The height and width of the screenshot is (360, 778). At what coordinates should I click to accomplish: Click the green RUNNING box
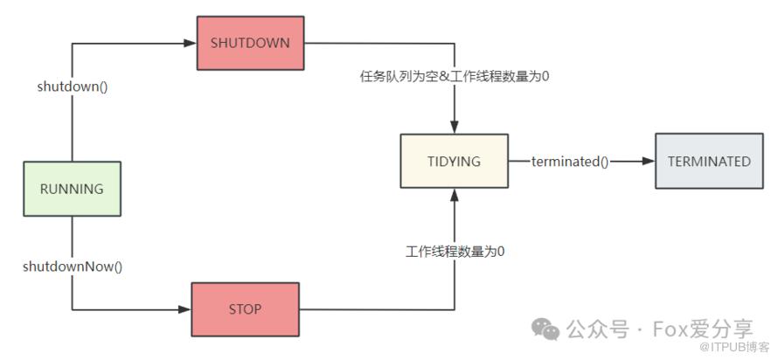[x=72, y=189]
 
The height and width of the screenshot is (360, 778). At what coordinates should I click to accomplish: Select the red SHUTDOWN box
[x=249, y=42]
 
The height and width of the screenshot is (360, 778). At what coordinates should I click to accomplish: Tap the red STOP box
[x=245, y=308]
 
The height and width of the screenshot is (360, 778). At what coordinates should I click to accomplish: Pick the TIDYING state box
[x=454, y=161]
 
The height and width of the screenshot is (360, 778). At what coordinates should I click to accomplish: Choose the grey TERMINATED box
[x=709, y=161]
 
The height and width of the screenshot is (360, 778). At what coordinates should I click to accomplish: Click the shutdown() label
[x=71, y=87]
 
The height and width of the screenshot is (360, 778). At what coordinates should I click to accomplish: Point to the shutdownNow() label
[x=73, y=266]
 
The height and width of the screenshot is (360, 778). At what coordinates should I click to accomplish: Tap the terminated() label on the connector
[x=570, y=162]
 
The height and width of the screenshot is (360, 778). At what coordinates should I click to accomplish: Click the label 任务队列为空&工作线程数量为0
[x=455, y=76]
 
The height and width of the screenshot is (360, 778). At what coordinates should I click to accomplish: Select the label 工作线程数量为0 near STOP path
[x=455, y=252]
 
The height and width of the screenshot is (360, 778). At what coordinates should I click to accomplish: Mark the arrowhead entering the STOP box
[x=184, y=309]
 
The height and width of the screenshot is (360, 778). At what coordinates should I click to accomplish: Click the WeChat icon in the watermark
[x=548, y=329]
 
